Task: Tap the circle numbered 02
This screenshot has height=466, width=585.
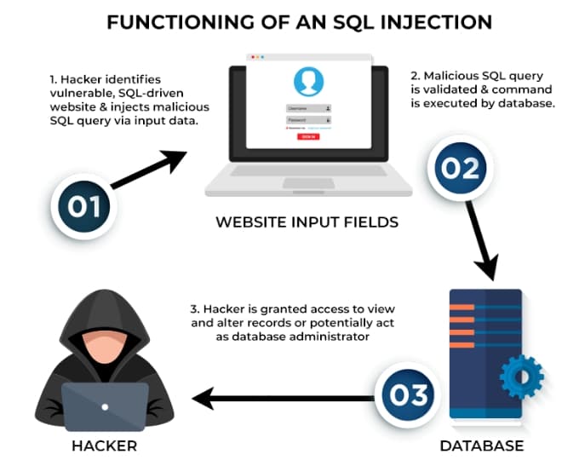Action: [x=460, y=167]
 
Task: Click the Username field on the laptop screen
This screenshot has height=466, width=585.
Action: [x=307, y=108]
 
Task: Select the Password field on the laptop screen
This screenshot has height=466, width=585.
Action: [x=307, y=120]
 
